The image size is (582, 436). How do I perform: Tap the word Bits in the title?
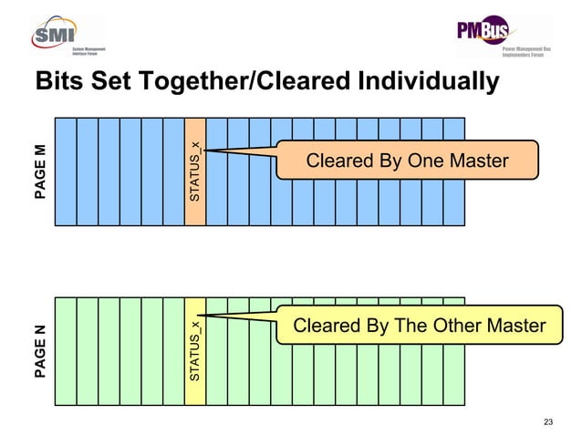coord(57,81)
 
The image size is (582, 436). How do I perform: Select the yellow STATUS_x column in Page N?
coord(195,351)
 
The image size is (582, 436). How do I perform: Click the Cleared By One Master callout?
coord(407,161)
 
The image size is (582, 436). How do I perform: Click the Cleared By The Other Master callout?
coord(419,327)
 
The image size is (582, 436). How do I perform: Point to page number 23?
coord(547,421)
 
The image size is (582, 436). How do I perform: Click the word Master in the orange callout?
coord(475,161)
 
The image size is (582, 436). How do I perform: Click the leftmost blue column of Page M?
coord(66,171)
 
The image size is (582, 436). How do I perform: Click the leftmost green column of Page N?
coord(66,351)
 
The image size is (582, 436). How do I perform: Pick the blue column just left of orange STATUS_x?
coord(173,171)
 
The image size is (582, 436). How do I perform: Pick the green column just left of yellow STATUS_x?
coord(173,351)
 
